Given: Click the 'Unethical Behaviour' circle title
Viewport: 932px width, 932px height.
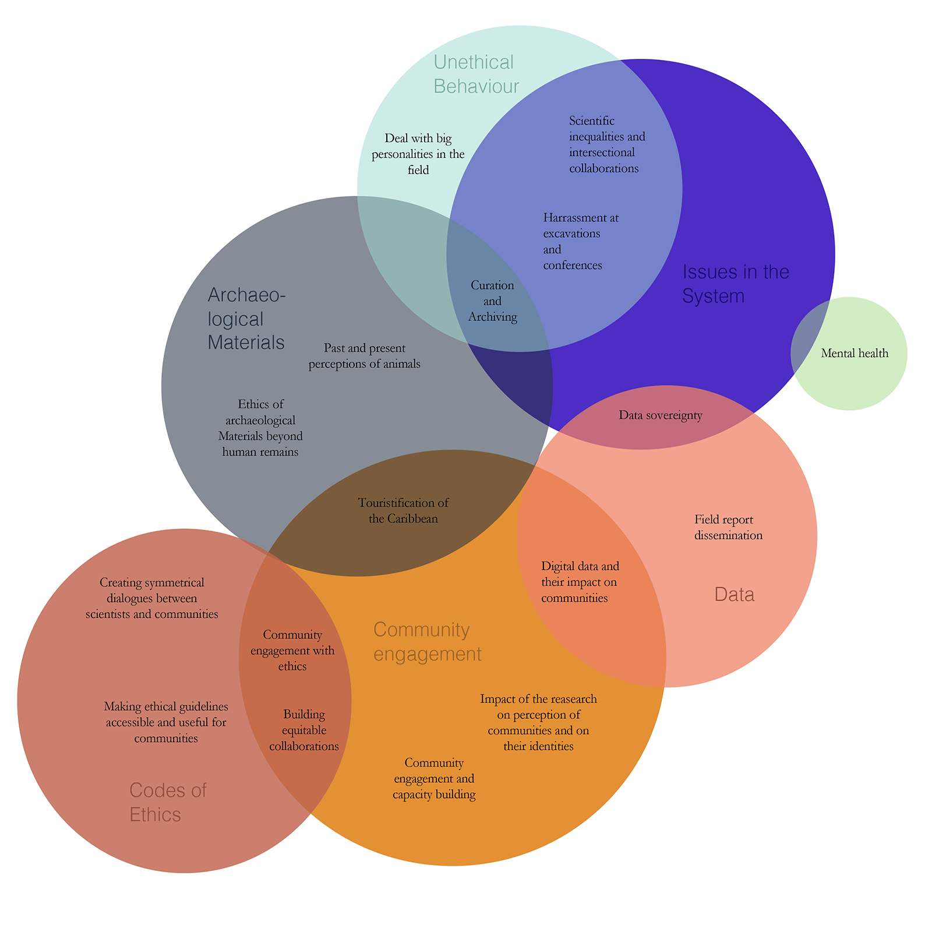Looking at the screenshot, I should (476, 74).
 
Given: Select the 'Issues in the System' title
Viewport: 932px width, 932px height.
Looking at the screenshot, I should (735, 284).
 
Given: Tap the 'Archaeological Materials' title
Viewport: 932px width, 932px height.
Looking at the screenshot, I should (246, 319).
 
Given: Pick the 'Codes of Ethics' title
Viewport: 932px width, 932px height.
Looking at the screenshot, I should (168, 802).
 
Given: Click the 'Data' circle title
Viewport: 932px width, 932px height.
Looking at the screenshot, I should (734, 594).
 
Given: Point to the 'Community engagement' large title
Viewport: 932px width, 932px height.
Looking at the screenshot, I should (427, 641).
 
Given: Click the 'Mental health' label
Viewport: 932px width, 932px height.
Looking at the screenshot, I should (855, 353).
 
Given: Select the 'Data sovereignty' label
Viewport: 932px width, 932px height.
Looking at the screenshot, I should (661, 415).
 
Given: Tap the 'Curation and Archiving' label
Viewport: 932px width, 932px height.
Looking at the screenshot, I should (492, 301).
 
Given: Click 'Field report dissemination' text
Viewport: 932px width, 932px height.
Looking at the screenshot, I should (728, 527).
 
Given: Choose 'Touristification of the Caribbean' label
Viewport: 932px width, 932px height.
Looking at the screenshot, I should (403, 510).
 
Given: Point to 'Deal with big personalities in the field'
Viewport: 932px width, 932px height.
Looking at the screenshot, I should (418, 154).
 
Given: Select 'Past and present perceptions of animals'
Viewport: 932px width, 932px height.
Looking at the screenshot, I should (364, 356).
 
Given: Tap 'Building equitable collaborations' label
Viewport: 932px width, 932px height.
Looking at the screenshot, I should (303, 730).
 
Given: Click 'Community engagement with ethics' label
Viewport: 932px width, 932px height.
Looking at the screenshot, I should (292, 650).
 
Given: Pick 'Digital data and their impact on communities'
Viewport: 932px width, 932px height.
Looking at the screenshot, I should (580, 581).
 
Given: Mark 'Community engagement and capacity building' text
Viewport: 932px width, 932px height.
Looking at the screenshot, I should (434, 778).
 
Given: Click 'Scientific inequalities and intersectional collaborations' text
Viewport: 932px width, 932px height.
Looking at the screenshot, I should (606, 144).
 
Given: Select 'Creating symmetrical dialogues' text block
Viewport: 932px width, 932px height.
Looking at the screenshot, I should (151, 598).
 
